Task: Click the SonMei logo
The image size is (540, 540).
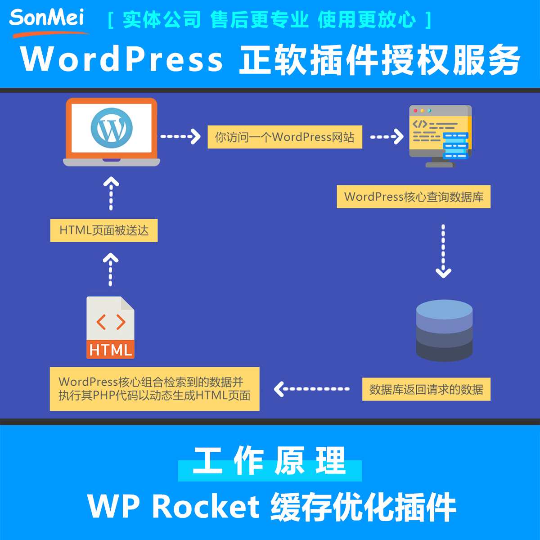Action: tap(47, 20)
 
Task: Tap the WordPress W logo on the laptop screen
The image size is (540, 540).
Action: tap(112, 128)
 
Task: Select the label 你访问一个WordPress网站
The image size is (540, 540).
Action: tap(284, 137)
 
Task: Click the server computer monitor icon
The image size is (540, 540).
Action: tap(441, 135)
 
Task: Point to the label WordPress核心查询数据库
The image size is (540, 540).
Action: tap(414, 197)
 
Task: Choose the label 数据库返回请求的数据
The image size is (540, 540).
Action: tap(426, 389)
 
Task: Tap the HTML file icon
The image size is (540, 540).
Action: tap(110, 328)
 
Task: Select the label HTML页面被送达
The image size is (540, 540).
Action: tap(104, 230)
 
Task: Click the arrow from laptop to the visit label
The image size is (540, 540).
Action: tap(180, 136)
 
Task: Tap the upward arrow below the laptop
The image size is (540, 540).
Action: tap(111, 193)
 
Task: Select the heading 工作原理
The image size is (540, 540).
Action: tap(270, 461)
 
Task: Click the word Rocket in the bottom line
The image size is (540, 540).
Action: tap(206, 506)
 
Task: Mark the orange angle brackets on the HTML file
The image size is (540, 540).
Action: tap(111, 322)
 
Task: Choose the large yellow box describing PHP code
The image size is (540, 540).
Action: tap(154, 389)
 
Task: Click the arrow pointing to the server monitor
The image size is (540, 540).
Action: tap(387, 136)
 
